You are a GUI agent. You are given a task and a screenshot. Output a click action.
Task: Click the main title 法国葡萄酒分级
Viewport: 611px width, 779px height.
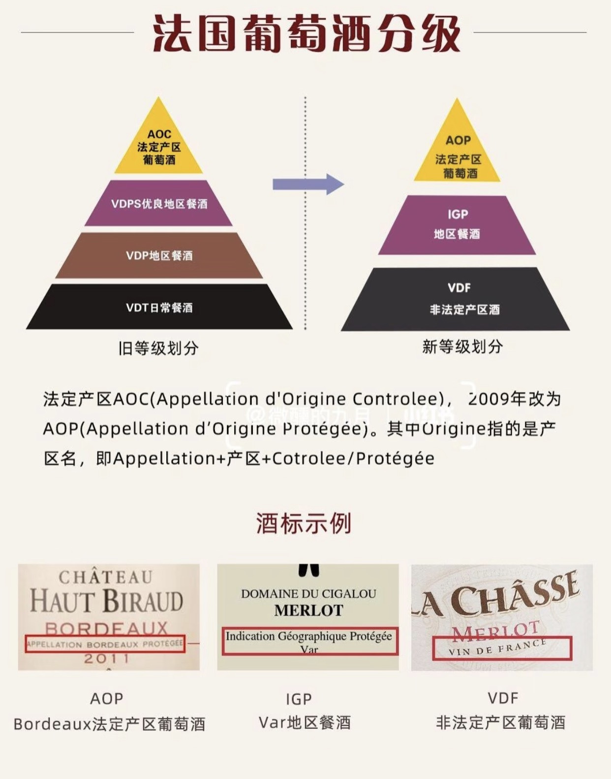[x=305, y=33]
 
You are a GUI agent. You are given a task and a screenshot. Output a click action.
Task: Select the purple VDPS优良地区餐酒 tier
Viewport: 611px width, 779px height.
[x=158, y=204]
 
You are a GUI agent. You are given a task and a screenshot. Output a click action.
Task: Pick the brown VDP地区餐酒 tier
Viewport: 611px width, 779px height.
[x=158, y=256]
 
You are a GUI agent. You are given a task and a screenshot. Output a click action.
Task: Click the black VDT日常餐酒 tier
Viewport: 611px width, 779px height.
[x=158, y=308]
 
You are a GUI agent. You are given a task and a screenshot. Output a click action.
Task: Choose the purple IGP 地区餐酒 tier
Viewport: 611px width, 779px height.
[x=457, y=225]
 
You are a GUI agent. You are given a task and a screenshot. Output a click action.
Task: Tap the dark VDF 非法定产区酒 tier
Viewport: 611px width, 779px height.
[x=458, y=299]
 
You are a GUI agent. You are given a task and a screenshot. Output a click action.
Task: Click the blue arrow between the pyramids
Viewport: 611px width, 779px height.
[x=308, y=184]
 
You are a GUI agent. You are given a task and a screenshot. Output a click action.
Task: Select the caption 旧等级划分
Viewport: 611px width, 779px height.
[x=158, y=348]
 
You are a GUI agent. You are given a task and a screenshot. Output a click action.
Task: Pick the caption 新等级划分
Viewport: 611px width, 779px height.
[x=462, y=346]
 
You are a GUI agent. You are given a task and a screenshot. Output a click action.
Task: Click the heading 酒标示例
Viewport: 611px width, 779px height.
[x=304, y=523]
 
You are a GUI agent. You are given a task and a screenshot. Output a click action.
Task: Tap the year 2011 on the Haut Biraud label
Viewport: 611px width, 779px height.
[x=106, y=658]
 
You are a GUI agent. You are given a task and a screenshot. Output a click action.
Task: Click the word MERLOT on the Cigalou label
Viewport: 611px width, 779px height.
[x=308, y=610]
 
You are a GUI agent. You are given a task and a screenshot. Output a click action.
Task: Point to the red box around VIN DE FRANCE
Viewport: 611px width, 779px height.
[x=502, y=648]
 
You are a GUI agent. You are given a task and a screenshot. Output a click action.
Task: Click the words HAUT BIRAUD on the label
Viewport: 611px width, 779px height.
[x=106, y=601]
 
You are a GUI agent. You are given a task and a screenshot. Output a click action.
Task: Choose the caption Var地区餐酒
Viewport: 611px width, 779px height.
[x=305, y=722]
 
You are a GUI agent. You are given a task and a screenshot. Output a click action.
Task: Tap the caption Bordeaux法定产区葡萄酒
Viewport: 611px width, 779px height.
[x=109, y=724]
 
